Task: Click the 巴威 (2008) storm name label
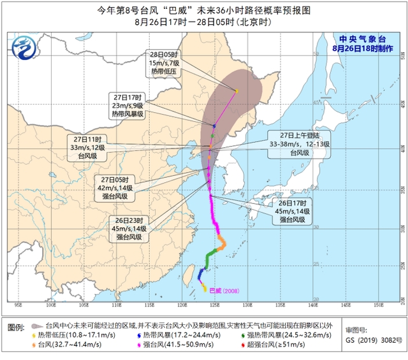pyautogui.click(x=227, y=291)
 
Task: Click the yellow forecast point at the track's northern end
pyautogui.click(x=237, y=91)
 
